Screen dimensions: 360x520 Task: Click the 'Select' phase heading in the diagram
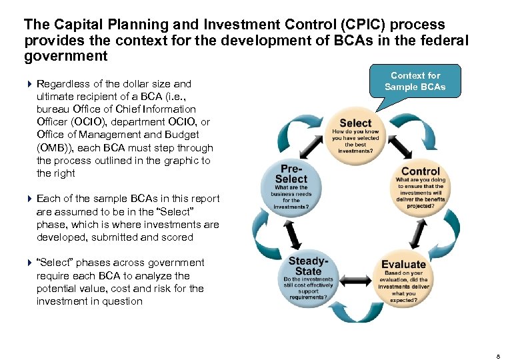click(355, 123)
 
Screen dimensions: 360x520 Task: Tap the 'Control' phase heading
click(421, 171)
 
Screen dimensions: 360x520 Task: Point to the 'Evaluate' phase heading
click(403, 264)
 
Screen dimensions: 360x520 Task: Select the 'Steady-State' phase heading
click(308, 266)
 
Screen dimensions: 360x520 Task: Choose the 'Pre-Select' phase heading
click(291, 174)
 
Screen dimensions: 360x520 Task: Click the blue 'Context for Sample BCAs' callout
click(415, 81)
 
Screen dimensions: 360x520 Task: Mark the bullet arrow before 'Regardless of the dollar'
click(29, 84)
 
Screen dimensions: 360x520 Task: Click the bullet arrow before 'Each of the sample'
click(29, 199)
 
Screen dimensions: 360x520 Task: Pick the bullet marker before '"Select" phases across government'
click(29, 263)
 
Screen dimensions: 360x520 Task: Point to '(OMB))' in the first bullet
click(55, 148)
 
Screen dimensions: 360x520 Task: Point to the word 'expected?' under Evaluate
click(403, 301)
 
